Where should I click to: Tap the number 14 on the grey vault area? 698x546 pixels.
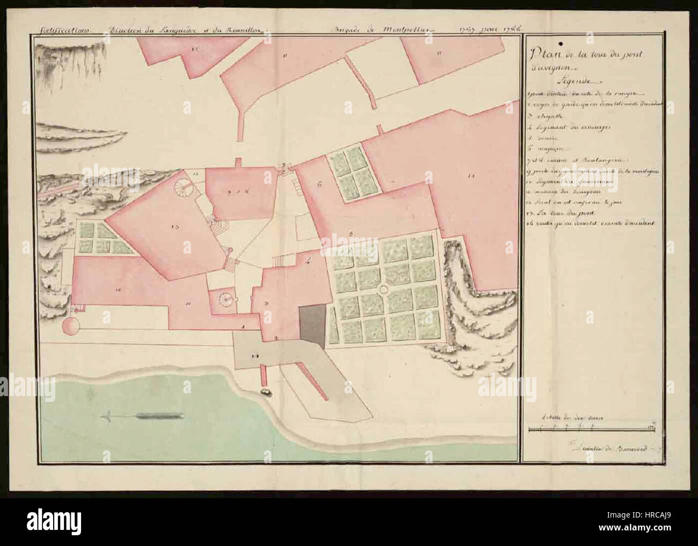[256, 354]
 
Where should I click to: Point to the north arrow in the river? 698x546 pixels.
[146, 415]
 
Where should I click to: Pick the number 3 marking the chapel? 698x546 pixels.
[266, 304]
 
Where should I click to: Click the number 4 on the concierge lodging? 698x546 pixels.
[308, 263]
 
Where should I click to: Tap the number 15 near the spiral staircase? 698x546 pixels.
[196, 174]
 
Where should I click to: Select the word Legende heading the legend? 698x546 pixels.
[575, 82]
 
